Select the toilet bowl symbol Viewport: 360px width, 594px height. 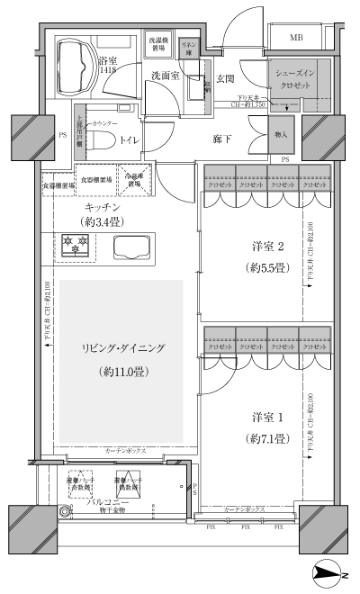(96, 140)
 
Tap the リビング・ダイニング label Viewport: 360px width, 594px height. (121, 349)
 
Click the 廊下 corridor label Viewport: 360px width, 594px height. (225, 139)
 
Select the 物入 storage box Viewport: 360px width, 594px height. (281, 135)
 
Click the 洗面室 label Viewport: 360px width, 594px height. (166, 76)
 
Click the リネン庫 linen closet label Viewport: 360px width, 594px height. (189, 48)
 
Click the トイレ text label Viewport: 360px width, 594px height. (129, 140)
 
